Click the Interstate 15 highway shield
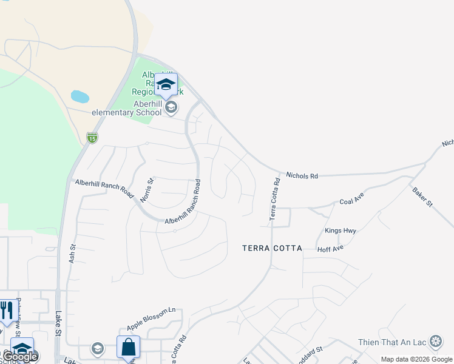point(92,138)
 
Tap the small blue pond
point(80,96)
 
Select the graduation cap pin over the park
point(166,84)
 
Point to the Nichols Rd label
point(302,176)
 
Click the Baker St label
point(422,197)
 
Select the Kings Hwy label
point(340,231)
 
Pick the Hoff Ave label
point(330,248)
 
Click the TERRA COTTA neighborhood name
point(272,248)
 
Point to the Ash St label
point(73,252)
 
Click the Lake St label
point(58,323)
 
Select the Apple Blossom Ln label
point(151,318)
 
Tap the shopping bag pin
point(128,348)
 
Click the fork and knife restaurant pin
point(6,311)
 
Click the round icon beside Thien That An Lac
point(435,342)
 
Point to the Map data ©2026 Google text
point(416,359)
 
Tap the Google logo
point(21,357)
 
